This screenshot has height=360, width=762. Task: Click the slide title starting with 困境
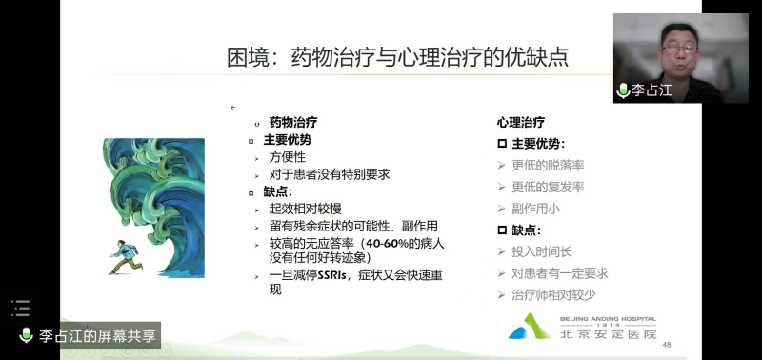[x=397, y=57]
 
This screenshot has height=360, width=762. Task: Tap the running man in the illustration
[x=126, y=257]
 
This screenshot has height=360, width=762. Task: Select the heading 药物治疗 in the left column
[x=293, y=123]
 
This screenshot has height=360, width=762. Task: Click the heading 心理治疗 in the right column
[x=520, y=123]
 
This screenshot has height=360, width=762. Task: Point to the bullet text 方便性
[x=288, y=157]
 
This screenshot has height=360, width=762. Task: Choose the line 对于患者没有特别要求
[x=330, y=174]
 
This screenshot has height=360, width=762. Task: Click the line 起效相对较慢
[x=305, y=209]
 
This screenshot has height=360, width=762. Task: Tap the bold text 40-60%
[x=387, y=244]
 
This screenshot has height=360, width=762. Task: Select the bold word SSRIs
[x=331, y=276]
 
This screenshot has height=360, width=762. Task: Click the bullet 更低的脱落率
[x=548, y=165]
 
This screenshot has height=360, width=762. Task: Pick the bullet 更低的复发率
[x=548, y=187]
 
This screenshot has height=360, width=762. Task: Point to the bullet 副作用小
[x=535, y=209]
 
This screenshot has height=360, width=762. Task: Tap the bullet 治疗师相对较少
[x=553, y=295]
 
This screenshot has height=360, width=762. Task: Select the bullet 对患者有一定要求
[x=560, y=273]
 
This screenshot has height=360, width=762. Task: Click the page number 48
[x=667, y=345]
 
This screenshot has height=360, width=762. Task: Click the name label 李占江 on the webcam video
[x=652, y=90]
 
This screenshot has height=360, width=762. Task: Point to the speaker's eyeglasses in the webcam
[x=679, y=50]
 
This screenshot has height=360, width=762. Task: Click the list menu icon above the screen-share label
[x=20, y=308]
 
